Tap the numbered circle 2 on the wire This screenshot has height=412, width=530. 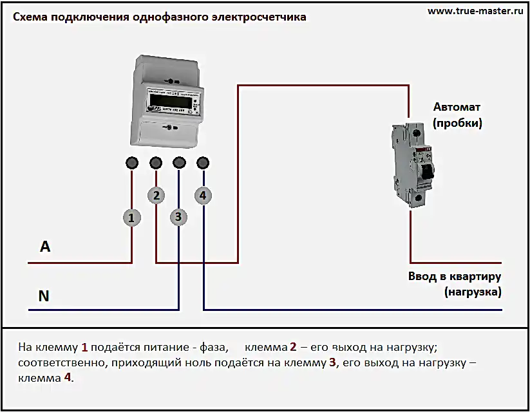point(156,195)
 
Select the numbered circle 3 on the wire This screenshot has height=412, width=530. point(179,217)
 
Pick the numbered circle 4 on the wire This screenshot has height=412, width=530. point(203,195)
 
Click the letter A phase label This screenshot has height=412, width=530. point(45,247)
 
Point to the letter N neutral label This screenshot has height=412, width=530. point(44,296)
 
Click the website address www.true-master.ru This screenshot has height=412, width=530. point(475,11)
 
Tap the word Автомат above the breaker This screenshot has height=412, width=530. point(457,107)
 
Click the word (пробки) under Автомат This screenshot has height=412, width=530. point(457,122)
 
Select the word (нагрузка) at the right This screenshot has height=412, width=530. point(473,292)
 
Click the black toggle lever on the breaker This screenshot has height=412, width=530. point(424,171)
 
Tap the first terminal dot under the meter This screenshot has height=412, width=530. point(131,162)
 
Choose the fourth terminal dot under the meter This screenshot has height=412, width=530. point(203,162)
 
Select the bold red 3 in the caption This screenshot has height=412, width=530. point(333,362)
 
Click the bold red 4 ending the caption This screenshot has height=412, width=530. point(68,378)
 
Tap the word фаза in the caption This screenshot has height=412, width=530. point(214,348)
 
